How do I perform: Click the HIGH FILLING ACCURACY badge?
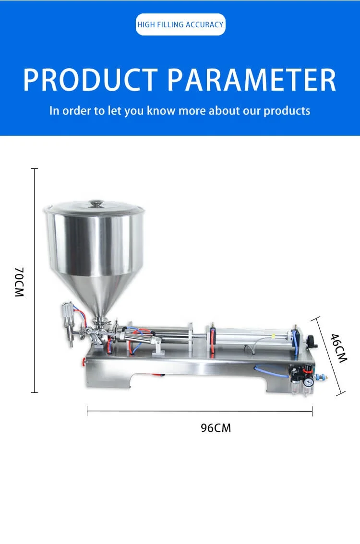click(180, 24)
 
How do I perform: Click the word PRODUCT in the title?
click(90, 80)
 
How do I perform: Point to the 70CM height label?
click(19, 283)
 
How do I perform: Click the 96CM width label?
click(216, 428)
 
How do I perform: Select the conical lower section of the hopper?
click(98, 293)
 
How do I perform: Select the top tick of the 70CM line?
click(34, 169)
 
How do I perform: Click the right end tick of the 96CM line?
click(312, 411)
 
